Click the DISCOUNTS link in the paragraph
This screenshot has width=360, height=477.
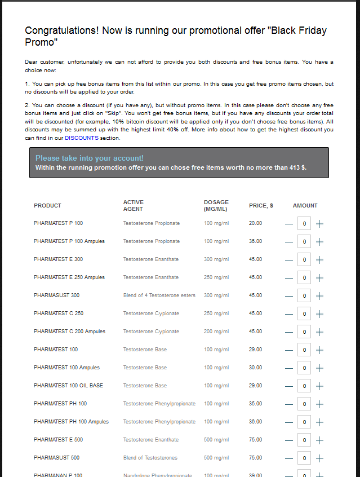click(82, 138)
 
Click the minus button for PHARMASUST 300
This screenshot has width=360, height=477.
click(289, 296)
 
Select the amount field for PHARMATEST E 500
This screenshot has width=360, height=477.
click(304, 440)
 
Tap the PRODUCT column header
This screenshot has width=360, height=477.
click(47, 206)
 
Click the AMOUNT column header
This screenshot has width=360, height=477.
click(305, 206)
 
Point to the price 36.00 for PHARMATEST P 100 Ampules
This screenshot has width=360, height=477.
click(255, 241)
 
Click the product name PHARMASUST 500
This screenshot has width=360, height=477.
click(56, 458)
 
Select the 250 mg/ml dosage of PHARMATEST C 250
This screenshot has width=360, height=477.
click(216, 313)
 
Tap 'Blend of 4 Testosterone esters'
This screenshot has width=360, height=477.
click(159, 295)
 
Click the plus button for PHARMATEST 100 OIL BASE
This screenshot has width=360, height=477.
click(319, 386)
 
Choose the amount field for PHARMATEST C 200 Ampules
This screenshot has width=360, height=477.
click(304, 332)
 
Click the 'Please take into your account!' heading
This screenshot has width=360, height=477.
click(90, 158)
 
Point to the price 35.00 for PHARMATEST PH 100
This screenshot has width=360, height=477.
click(255, 404)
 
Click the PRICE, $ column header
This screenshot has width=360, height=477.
click(261, 206)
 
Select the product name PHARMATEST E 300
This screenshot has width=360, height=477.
click(58, 259)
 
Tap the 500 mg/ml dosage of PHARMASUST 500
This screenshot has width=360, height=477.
click(216, 458)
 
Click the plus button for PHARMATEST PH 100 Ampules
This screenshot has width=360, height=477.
click(319, 422)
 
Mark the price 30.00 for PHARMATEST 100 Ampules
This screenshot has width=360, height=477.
click(255, 368)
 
